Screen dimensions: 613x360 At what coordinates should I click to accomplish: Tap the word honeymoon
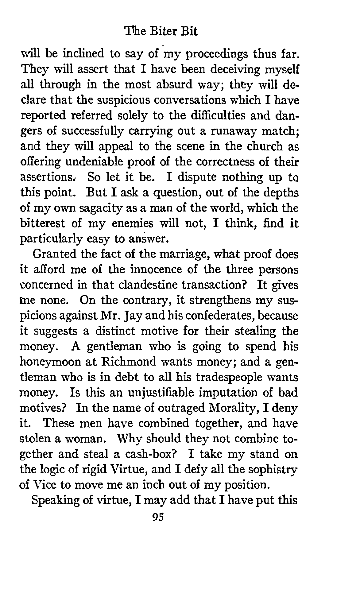pyautogui.click(x=50, y=362)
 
